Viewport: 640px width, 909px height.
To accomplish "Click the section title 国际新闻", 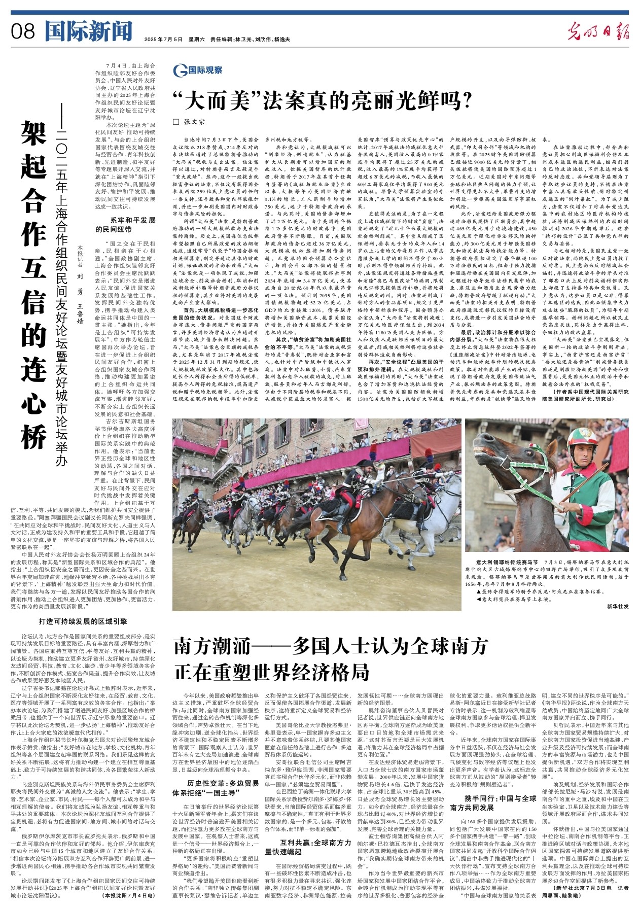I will pos(88,31).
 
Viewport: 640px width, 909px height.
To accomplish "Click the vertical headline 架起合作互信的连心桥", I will pos(34,284).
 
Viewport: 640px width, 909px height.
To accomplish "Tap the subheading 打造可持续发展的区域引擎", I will pos(83,621).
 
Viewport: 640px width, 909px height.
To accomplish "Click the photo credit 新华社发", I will pos(617,606).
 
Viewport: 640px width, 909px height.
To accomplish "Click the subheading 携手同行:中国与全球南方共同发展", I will pos(492,803).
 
